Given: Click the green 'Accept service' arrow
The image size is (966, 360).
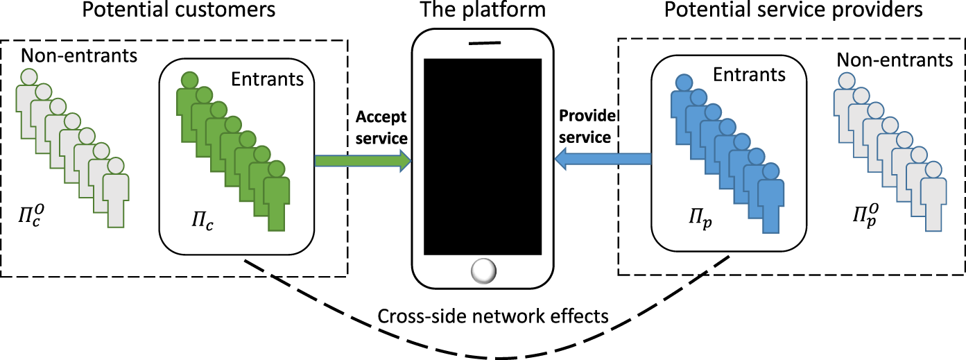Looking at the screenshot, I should [x=363, y=161].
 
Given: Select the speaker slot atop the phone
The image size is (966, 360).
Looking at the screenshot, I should [x=483, y=42].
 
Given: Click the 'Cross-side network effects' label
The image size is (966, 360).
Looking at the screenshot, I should [x=493, y=316].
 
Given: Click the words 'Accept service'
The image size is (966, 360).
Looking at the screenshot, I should [x=381, y=127].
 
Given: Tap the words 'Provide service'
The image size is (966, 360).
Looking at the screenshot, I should [x=586, y=127].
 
